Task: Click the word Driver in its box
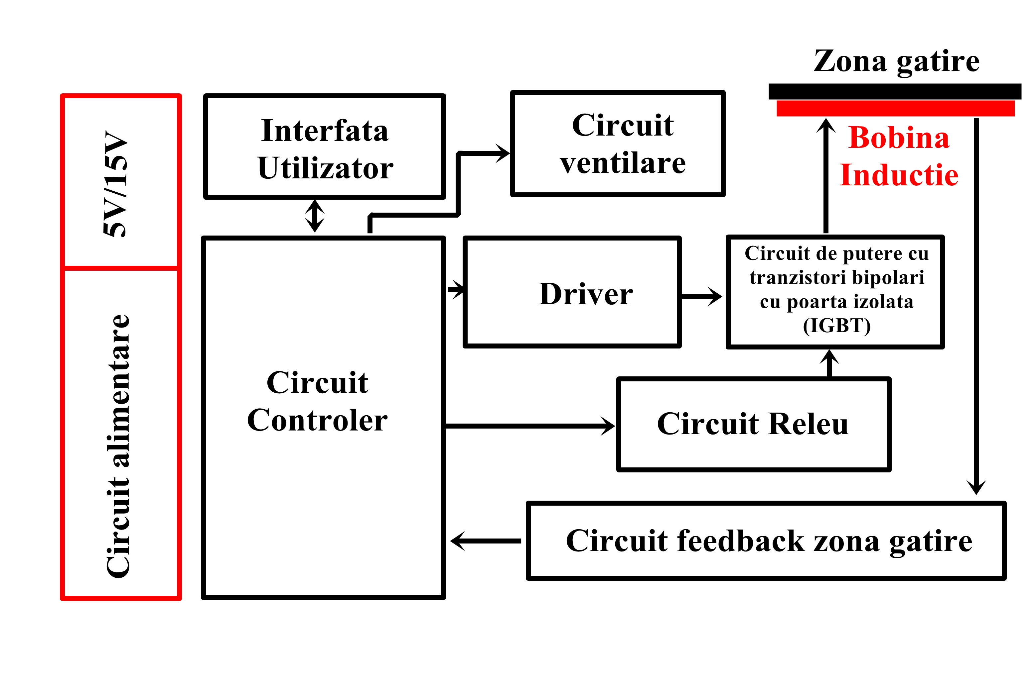pos(585,294)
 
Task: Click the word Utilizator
pos(325,168)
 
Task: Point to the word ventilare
pos(623,163)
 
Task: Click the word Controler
pos(317,420)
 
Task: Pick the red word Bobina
pos(899,138)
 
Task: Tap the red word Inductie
pos(899,175)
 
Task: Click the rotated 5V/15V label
pos(115,184)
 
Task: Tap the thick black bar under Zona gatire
pos(895,91)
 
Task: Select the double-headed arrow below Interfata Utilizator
pos(315,216)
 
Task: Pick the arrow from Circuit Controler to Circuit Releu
pos(528,426)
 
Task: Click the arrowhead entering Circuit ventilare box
pos(502,153)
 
